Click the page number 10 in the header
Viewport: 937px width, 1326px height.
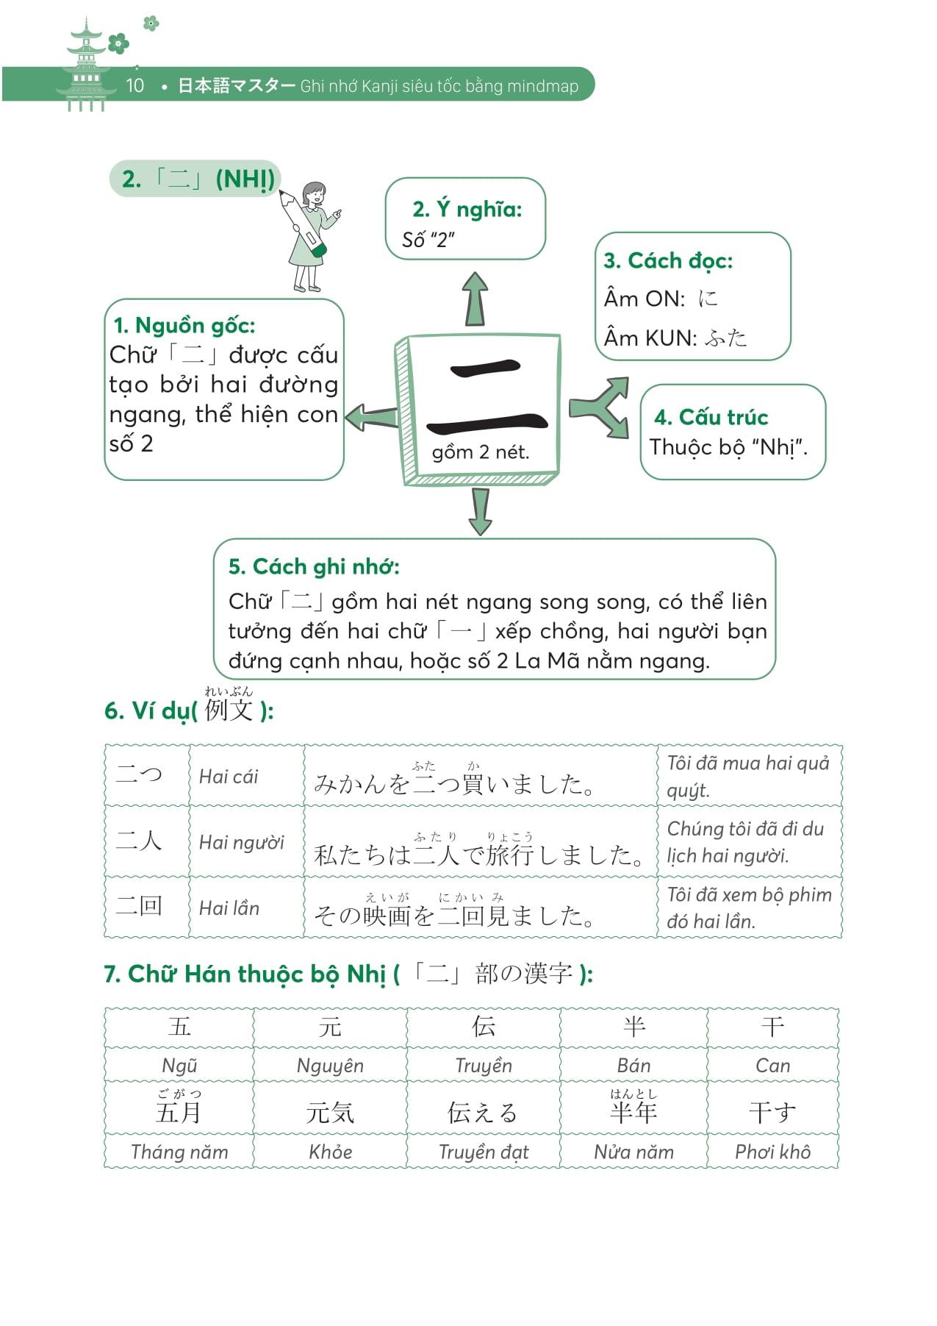[x=134, y=85]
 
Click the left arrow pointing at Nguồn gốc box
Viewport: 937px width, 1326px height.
[x=371, y=418]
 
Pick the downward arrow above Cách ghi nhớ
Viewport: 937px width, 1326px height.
[x=480, y=510]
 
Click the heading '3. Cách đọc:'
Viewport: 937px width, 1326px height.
[x=668, y=260]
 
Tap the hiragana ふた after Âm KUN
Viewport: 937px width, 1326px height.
[x=725, y=338]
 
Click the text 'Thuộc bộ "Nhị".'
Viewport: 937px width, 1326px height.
[x=728, y=447]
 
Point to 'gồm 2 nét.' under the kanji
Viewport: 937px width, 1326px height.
[x=480, y=452]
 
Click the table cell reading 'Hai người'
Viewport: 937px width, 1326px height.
[x=242, y=843]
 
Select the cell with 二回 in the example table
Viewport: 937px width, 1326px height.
[x=140, y=906]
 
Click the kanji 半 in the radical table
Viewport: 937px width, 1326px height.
[x=633, y=1026]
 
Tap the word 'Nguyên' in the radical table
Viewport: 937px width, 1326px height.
[x=330, y=1065]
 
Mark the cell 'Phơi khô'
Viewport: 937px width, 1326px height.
[x=772, y=1152]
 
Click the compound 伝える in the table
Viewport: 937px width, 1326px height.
[x=483, y=1112]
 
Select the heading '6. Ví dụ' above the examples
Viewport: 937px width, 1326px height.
[x=147, y=710]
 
